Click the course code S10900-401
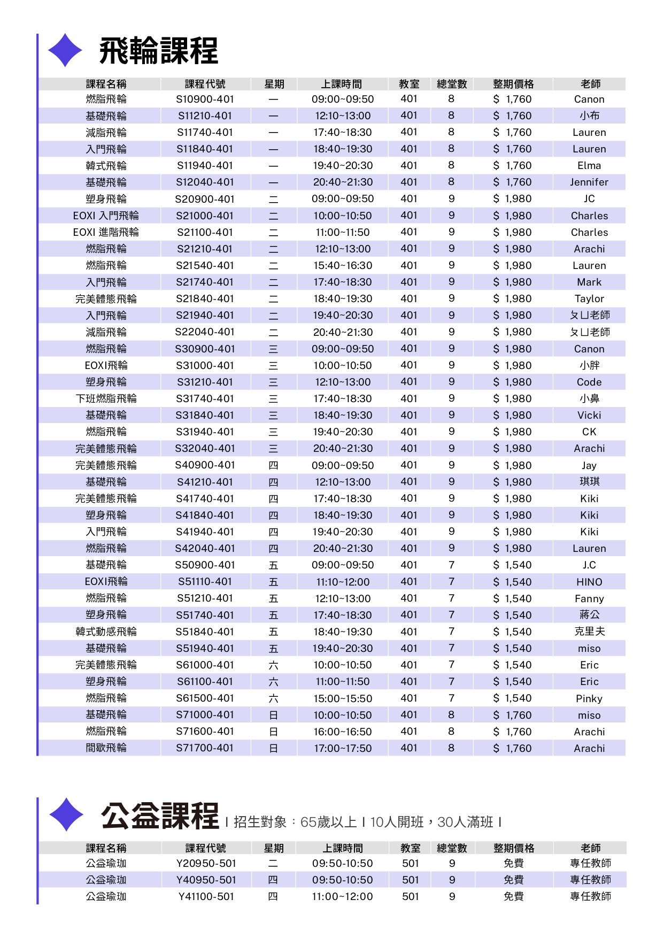tap(205, 99)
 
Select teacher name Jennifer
tap(589, 182)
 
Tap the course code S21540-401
tap(205, 266)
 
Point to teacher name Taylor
tap(589, 299)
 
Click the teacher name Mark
tap(589, 282)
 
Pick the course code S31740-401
tap(205, 399)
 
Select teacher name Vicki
tap(589, 416)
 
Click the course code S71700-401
tap(205, 748)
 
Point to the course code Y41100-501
tap(206, 897)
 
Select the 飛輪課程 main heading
tap(158, 51)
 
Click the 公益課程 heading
tap(160, 816)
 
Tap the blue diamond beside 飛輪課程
tap(65, 50)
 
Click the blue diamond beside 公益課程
tap(66, 814)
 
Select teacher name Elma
tap(589, 166)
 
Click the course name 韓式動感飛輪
tap(106, 632)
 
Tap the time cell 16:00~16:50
tap(342, 732)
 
